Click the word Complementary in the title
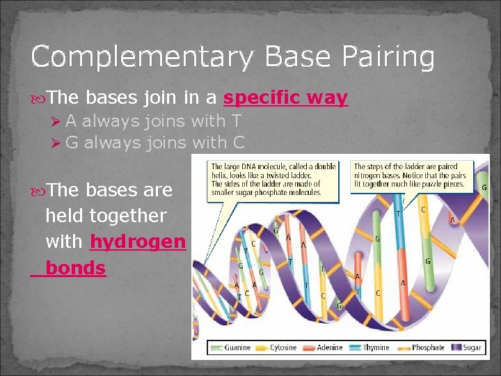(125, 57)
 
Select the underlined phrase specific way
(285, 98)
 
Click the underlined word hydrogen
(138, 242)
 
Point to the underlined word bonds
(75, 268)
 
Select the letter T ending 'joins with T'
(237, 121)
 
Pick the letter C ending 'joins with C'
(239, 143)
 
